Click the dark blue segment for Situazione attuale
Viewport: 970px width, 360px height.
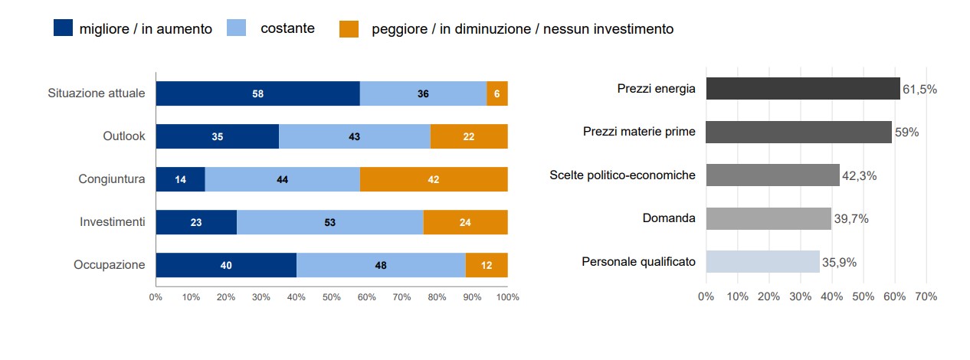coord(257,93)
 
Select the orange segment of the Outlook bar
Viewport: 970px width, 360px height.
coord(468,136)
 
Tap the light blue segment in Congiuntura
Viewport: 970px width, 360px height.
coord(282,179)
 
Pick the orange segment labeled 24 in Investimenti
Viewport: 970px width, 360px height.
coord(465,222)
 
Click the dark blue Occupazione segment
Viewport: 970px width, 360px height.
coord(226,265)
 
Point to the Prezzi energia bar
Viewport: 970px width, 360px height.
coord(803,88)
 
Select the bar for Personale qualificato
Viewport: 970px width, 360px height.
coord(762,261)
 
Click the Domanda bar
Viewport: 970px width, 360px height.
coord(768,218)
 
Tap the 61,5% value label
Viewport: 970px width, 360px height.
coord(919,89)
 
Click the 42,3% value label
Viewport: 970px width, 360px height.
coord(860,175)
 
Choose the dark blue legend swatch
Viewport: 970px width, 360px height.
coord(62,28)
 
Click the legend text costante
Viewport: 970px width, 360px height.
coord(287,28)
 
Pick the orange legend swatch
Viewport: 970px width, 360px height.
coord(349,28)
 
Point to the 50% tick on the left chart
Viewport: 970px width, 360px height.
coord(331,296)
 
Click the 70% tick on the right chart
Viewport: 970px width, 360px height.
coord(926,296)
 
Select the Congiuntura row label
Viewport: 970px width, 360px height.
coord(111,179)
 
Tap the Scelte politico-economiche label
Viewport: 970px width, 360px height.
coord(622,175)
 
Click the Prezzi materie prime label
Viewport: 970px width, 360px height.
coord(639,132)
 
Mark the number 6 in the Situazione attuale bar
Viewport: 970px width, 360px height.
coord(496,93)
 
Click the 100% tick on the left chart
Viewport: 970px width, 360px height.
coord(507,296)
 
